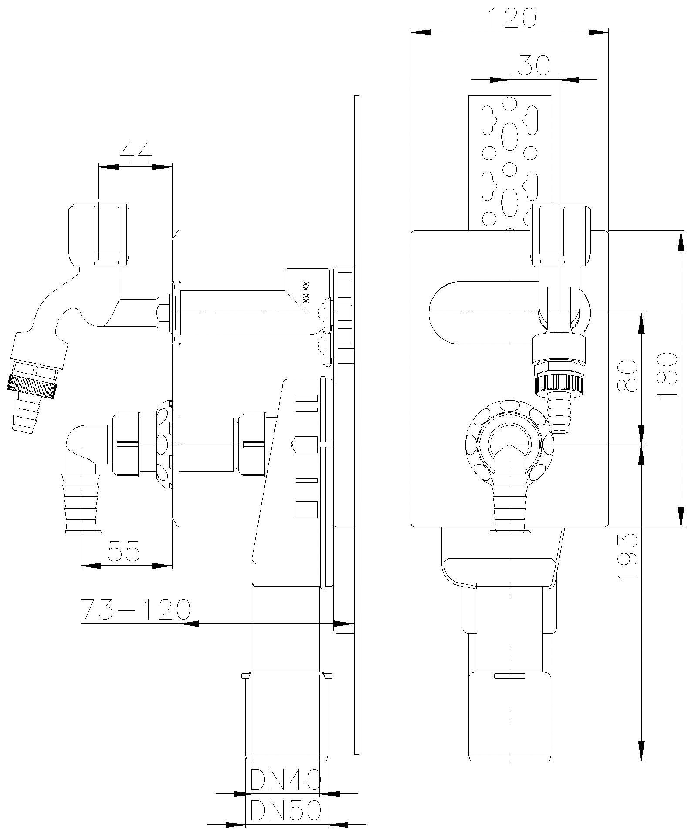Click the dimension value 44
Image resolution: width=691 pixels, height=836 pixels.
tap(135, 152)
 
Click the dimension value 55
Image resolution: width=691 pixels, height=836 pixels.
tap(124, 551)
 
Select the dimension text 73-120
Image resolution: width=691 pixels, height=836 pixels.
tap(135, 610)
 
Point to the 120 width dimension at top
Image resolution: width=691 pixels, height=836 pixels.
tap(510, 19)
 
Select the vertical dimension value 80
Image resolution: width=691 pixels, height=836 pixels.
tap(627, 375)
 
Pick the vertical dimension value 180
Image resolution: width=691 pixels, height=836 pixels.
tap(667, 375)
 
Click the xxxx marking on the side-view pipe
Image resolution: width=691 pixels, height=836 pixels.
tap(306, 292)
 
